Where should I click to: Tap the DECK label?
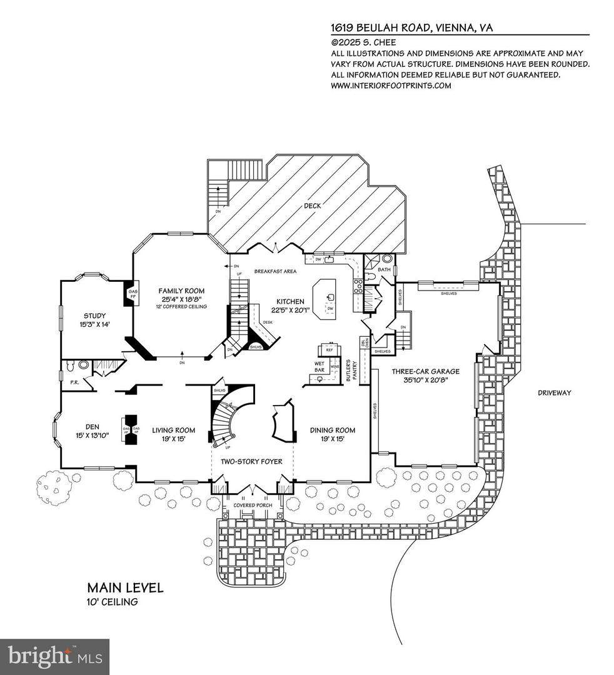[x=311, y=206]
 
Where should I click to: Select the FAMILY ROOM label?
[x=181, y=291]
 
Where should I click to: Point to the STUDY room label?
[x=95, y=316]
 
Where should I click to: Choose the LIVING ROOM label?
[x=173, y=431]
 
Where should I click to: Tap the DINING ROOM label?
[x=333, y=430]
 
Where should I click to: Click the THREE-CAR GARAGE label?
[x=425, y=371]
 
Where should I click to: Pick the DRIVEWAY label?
[x=559, y=392]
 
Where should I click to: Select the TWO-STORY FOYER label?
[x=251, y=461]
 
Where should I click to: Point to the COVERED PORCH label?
[x=252, y=504]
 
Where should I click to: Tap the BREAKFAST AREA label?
[x=275, y=271]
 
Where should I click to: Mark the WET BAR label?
[x=319, y=366]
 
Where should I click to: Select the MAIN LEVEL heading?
[x=125, y=587]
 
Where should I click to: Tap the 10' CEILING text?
[x=113, y=602]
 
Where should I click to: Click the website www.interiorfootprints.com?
[x=391, y=86]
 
